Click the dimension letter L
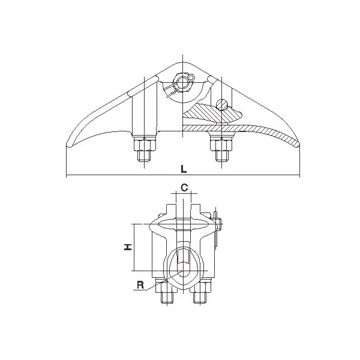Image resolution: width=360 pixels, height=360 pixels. tap(184, 169)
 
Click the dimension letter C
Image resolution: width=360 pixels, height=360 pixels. tap(184, 188)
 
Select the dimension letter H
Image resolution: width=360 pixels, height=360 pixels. tap(128, 247)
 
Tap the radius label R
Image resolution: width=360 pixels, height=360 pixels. tap(140, 285)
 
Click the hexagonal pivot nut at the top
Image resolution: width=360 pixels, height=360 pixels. tap(182, 82)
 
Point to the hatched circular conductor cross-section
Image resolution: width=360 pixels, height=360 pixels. tap(221, 104)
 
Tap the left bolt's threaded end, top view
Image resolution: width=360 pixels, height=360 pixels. tap(145, 155)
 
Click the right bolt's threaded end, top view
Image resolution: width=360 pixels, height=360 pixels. tap(222, 155)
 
